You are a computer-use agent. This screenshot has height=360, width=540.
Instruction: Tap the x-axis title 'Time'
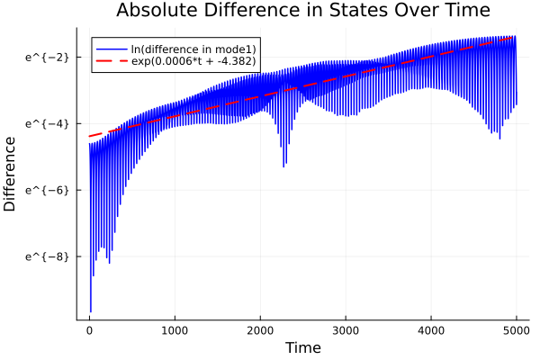click(x=302, y=347)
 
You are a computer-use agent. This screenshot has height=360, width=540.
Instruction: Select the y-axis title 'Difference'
click(x=11, y=174)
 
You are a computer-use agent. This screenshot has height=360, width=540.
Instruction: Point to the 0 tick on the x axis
click(x=89, y=329)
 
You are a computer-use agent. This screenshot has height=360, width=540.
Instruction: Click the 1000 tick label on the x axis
click(x=175, y=329)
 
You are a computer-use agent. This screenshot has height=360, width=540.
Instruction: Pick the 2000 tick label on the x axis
click(x=260, y=329)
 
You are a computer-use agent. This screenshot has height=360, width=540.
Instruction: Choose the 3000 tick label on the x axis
click(x=346, y=329)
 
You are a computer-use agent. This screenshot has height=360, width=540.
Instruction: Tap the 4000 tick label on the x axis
click(x=431, y=329)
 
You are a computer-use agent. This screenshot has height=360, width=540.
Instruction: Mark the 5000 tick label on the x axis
click(x=517, y=329)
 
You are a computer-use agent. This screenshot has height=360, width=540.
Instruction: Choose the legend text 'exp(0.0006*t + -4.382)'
click(x=193, y=61)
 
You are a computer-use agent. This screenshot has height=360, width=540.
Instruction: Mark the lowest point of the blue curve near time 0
click(x=90, y=311)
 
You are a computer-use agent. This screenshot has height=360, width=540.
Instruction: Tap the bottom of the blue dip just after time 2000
click(x=285, y=166)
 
